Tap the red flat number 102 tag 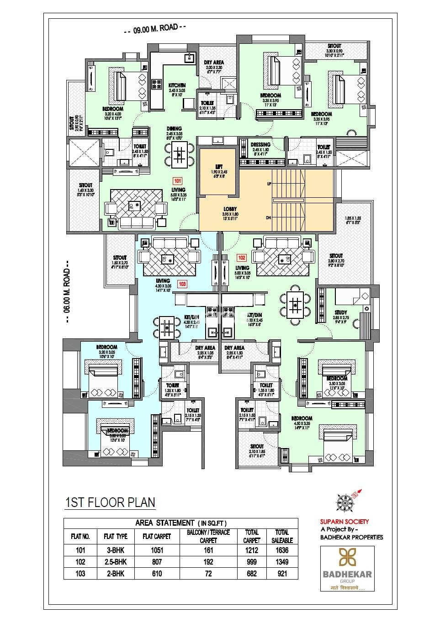(x=242, y=258)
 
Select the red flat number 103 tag (x=182, y=284)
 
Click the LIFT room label (x=218, y=167)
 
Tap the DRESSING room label (x=260, y=145)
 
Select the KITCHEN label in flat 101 (x=177, y=85)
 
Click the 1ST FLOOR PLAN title (x=110, y=502)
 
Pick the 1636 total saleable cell (x=282, y=550)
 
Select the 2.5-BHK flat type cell (x=116, y=562)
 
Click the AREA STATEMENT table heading (x=180, y=523)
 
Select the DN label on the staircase (x=268, y=218)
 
